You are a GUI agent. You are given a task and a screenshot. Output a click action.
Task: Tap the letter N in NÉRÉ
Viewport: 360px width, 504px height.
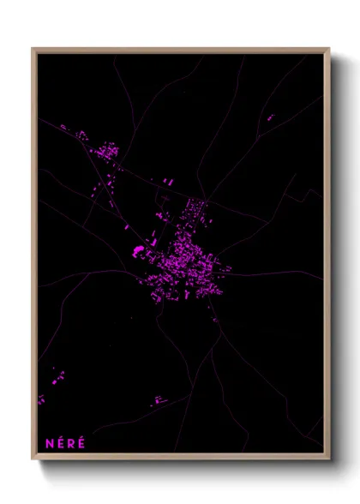point(49,443)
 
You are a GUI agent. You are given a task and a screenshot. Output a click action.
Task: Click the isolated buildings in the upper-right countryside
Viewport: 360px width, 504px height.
point(271,117)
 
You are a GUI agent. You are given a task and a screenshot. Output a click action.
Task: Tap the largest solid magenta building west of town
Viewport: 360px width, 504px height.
point(138,250)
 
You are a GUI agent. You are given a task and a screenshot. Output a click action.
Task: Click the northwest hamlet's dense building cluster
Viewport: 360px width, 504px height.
point(108,152)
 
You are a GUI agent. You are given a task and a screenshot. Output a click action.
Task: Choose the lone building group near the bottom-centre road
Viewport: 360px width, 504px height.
point(159,399)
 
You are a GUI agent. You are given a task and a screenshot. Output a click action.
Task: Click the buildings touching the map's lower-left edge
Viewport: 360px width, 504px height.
point(40,399)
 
